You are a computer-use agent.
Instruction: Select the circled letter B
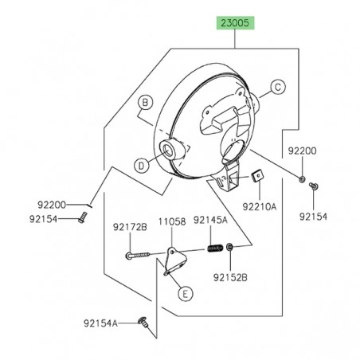(x=145, y=102)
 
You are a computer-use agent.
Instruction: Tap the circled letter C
(x=278, y=87)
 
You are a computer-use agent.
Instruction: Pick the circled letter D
(x=140, y=165)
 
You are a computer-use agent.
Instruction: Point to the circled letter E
(x=183, y=294)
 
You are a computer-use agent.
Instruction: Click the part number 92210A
(x=260, y=205)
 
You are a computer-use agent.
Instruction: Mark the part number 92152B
(x=231, y=277)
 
